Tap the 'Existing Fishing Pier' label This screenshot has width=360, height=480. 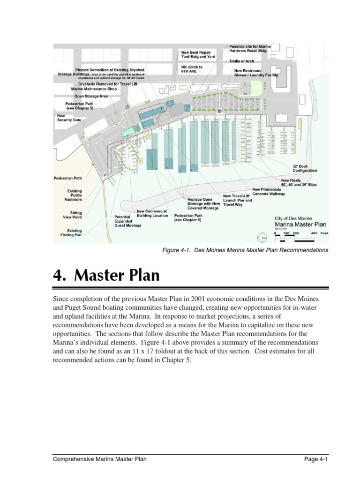tap(74, 233)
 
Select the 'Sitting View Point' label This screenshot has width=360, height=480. tap(73, 215)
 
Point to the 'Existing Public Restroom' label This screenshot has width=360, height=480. tap(74, 195)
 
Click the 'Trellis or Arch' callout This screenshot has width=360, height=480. tap(242, 61)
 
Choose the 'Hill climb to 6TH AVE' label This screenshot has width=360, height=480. tap(192, 69)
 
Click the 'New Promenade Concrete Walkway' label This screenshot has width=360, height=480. tap(269, 192)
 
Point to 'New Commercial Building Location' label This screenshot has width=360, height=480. tap(152, 213)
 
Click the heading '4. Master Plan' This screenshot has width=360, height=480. tap(106, 275)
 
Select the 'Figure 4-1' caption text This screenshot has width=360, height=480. tap(245, 250)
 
